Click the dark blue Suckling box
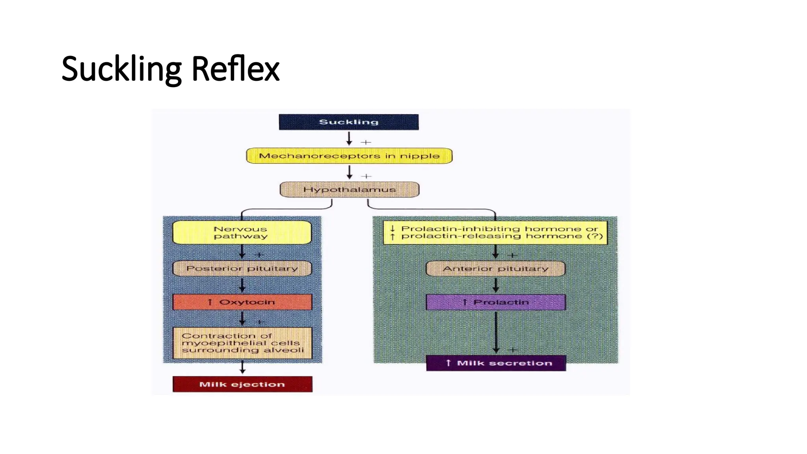coord(349,122)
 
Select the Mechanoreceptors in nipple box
coord(349,156)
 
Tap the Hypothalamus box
coord(349,190)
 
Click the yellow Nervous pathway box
coord(242,233)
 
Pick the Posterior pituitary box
coord(242,268)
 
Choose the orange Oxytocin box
coord(242,302)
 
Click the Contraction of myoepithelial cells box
coord(242,343)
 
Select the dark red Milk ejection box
coord(242,384)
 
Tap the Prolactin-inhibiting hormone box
coord(495,233)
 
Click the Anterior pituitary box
coord(495,269)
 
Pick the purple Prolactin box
coord(496,302)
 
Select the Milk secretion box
coord(496,363)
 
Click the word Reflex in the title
coord(235,69)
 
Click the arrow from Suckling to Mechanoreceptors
coord(349,138)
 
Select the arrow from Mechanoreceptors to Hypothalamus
coord(350,172)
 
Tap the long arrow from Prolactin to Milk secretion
coord(496,331)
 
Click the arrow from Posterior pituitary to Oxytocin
coord(242,285)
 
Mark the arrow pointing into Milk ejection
coord(243,368)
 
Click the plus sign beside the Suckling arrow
coord(366,142)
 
